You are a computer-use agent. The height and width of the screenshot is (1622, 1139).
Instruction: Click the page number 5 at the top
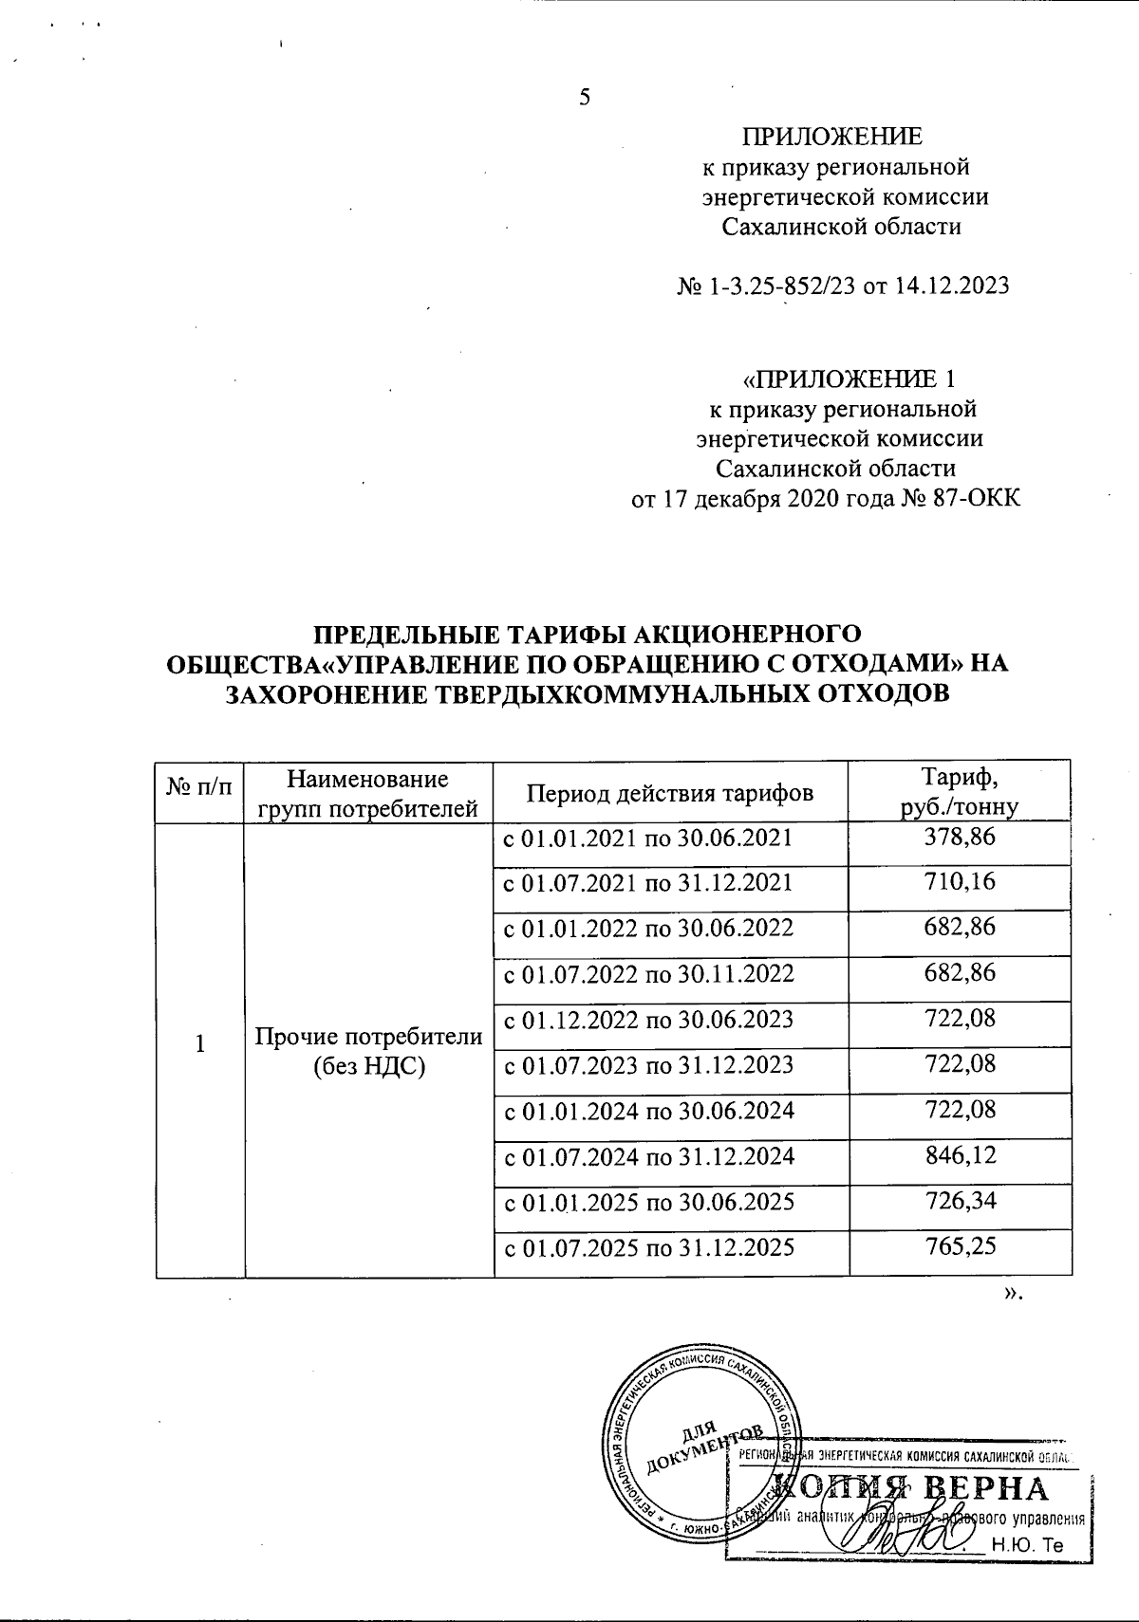click(585, 97)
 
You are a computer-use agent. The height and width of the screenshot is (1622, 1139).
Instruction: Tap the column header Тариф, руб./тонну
click(960, 791)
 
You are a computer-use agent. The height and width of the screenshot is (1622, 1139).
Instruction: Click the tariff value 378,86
click(960, 838)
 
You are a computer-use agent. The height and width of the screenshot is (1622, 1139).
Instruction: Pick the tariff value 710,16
click(960, 883)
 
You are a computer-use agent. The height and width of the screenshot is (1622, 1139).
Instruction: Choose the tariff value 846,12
click(960, 1155)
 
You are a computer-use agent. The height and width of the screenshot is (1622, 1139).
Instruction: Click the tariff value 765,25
click(960, 1246)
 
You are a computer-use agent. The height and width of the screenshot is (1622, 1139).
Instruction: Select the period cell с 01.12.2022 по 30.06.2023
click(647, 1020)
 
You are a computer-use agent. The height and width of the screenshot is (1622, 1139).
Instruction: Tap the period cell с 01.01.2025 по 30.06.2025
click(647, 1202)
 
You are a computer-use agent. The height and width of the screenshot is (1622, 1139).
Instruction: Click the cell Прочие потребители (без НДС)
click(369, 1051)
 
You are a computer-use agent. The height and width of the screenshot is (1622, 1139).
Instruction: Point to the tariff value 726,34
click(960, 1201)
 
